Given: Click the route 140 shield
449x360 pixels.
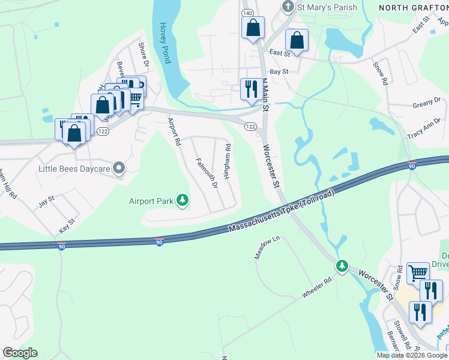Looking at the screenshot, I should [x=247, y=13].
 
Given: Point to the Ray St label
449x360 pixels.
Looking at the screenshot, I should [x=279, y=71].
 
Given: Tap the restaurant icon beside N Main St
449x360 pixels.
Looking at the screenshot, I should [x=250, y=89].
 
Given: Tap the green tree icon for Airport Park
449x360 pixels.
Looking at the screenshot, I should [x=182, y=201].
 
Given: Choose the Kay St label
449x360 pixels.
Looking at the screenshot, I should [x=67, y=225].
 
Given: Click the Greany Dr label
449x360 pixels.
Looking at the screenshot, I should [x=427, y=103].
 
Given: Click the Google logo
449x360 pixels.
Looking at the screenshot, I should [x=20, y=353].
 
